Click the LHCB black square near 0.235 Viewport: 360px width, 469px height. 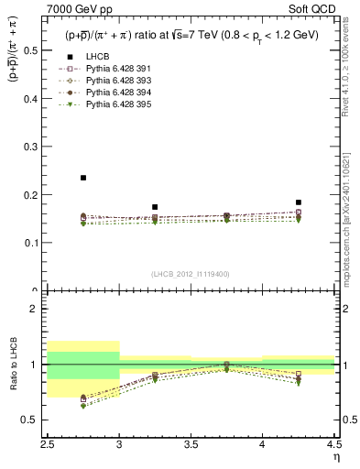pyautogui.click(x=83, y=178)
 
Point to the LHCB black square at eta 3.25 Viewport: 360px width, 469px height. pyautogui.click(x=155, y=207)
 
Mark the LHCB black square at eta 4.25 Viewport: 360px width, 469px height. pyautogui.click(x=299, y=202)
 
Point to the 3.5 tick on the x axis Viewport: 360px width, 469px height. pyautogui.click(x=191, y=444)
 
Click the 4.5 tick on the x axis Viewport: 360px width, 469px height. pyautogui.click(x=333, y=444)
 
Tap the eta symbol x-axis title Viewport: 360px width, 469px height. pyautogui.click(x=336, y=456)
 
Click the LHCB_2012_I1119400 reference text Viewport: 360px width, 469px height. pyautogui.click(x=191, y=274)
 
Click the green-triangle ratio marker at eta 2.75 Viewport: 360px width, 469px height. pyautogui.click(x=83, y=406)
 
